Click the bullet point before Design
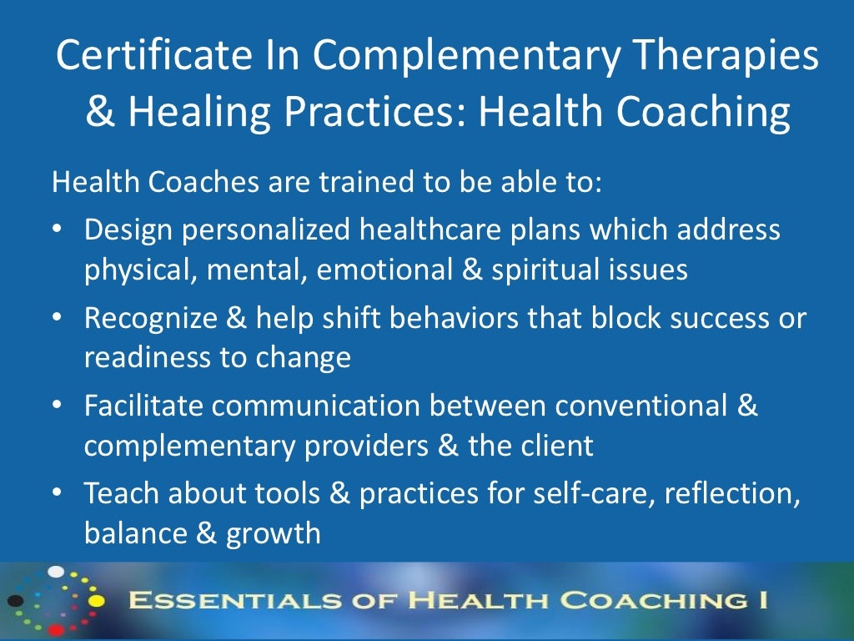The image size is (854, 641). pyautogui.click(x=57, y=228)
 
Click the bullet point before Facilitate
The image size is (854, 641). pyautogui.click(x=57, y=404)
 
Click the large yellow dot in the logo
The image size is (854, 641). pyautogui.click(x=96, y=600)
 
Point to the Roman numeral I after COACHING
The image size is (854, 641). pyautogui.click(x=764, y=601)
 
